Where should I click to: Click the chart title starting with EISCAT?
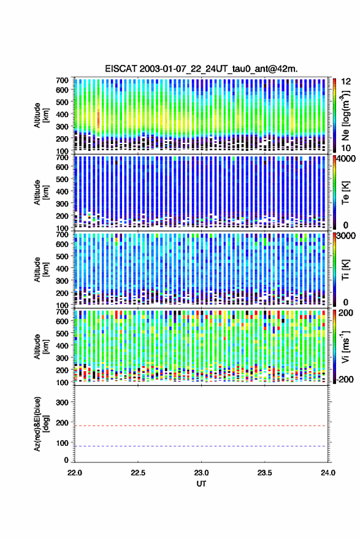click(201, 69)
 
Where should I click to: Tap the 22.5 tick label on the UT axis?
click(138, 473)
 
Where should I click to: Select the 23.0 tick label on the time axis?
click(201, 473)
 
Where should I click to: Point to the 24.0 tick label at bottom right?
click(327, 473)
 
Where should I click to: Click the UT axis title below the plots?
click(201, 484)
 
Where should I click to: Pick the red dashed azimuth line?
click(201, 426)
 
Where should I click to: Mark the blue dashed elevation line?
click(201, 446)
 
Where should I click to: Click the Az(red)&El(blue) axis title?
click(41, 424)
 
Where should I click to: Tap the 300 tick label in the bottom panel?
click(62, 402)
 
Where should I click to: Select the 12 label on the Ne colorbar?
click(346, 82)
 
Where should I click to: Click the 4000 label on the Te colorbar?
click(345, 159)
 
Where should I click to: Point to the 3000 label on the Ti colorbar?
click(345, 236)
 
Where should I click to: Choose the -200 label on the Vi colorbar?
click(345, 380)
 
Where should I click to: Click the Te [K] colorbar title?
click(345, 193)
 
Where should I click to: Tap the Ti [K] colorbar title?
click(345, 270)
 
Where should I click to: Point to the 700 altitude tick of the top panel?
click(62, 80)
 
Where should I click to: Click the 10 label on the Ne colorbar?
click(346, 148)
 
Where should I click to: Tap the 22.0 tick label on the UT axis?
click(75, 473)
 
